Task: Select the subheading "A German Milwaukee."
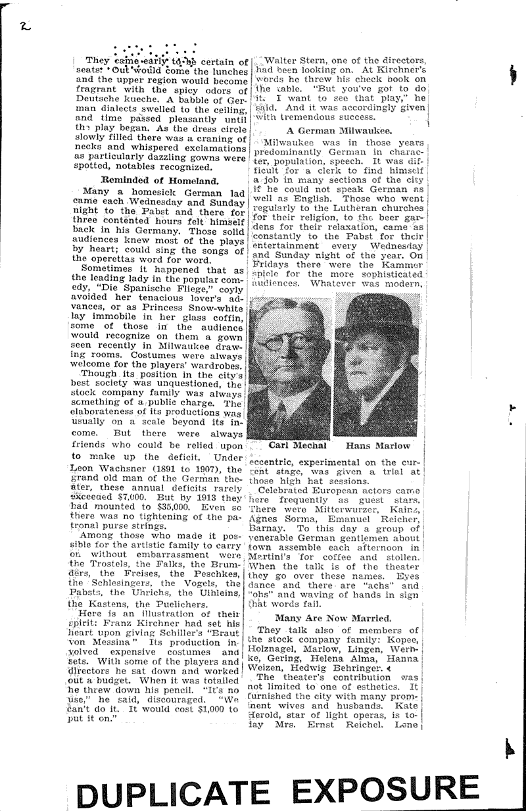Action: click(x=339, y=130)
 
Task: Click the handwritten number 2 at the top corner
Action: click(x=24, y=26)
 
